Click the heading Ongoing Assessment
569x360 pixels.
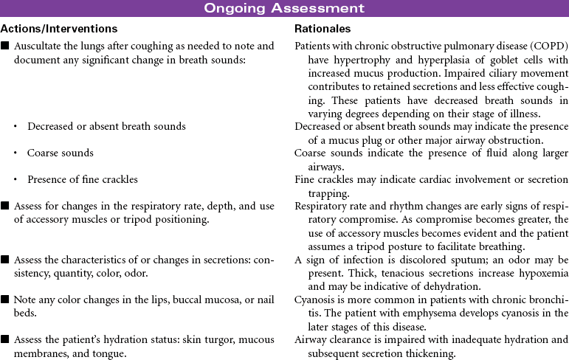[x=284, y=8]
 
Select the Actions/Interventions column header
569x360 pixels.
[x=59, y=29]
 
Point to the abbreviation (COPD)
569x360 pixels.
[x=548, y=46]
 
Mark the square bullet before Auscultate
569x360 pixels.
[x=5, y=46]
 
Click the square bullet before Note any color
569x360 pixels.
[x=5, y=301]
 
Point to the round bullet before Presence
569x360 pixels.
[x=16, y=179]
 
